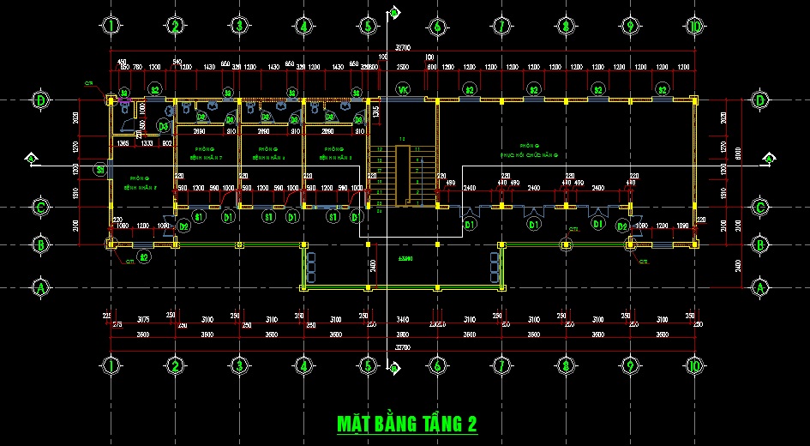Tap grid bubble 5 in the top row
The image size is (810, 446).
pyautogui.click(x=368, y=26)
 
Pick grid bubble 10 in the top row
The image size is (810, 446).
pyautogui.click(x=695, y=26)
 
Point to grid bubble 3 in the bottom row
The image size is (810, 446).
pyautogui.click(x=239, y=366)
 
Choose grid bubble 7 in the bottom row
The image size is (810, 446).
pyautogui.click(x=501, y=366)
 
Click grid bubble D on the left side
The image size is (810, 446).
pyautogui.click(x=39, y=100)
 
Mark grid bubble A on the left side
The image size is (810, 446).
pyautogui.click(x=39, y=287)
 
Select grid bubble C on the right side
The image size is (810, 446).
pyautogui.click(x=760, y=207)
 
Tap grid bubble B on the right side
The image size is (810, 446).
pyautogui.click(x=760, y=244)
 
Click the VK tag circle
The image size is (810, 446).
pyautogui.click(x=403, y=89)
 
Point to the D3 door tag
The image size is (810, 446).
pyautogui.click(x=164, y=126)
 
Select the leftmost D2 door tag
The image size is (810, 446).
pyautogui.click(x=183, y=226)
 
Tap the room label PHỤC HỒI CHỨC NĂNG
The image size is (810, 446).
pyautogui.click(x=532, y=151)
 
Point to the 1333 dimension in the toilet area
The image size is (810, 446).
pyautogui.click(x=148, y=143)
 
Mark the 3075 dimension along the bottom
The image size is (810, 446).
pyautogui.click(x=143, y=319)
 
